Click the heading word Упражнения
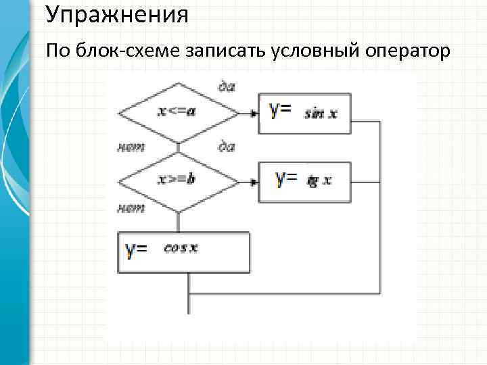[118, 14]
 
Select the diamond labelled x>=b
[178, 181]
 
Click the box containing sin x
[304, 113]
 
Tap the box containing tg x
[304, 181]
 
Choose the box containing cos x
[184, 252]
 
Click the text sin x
[321, 114]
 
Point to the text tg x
[319, 180]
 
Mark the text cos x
[181, 247]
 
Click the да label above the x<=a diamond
[227, 86]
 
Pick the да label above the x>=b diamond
[227, 146]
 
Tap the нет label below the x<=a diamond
[131, 147]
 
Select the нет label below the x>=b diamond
[131, 209]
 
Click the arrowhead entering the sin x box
[254, 113]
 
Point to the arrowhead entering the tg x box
[254, 181]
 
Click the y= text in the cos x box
[137, 251]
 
